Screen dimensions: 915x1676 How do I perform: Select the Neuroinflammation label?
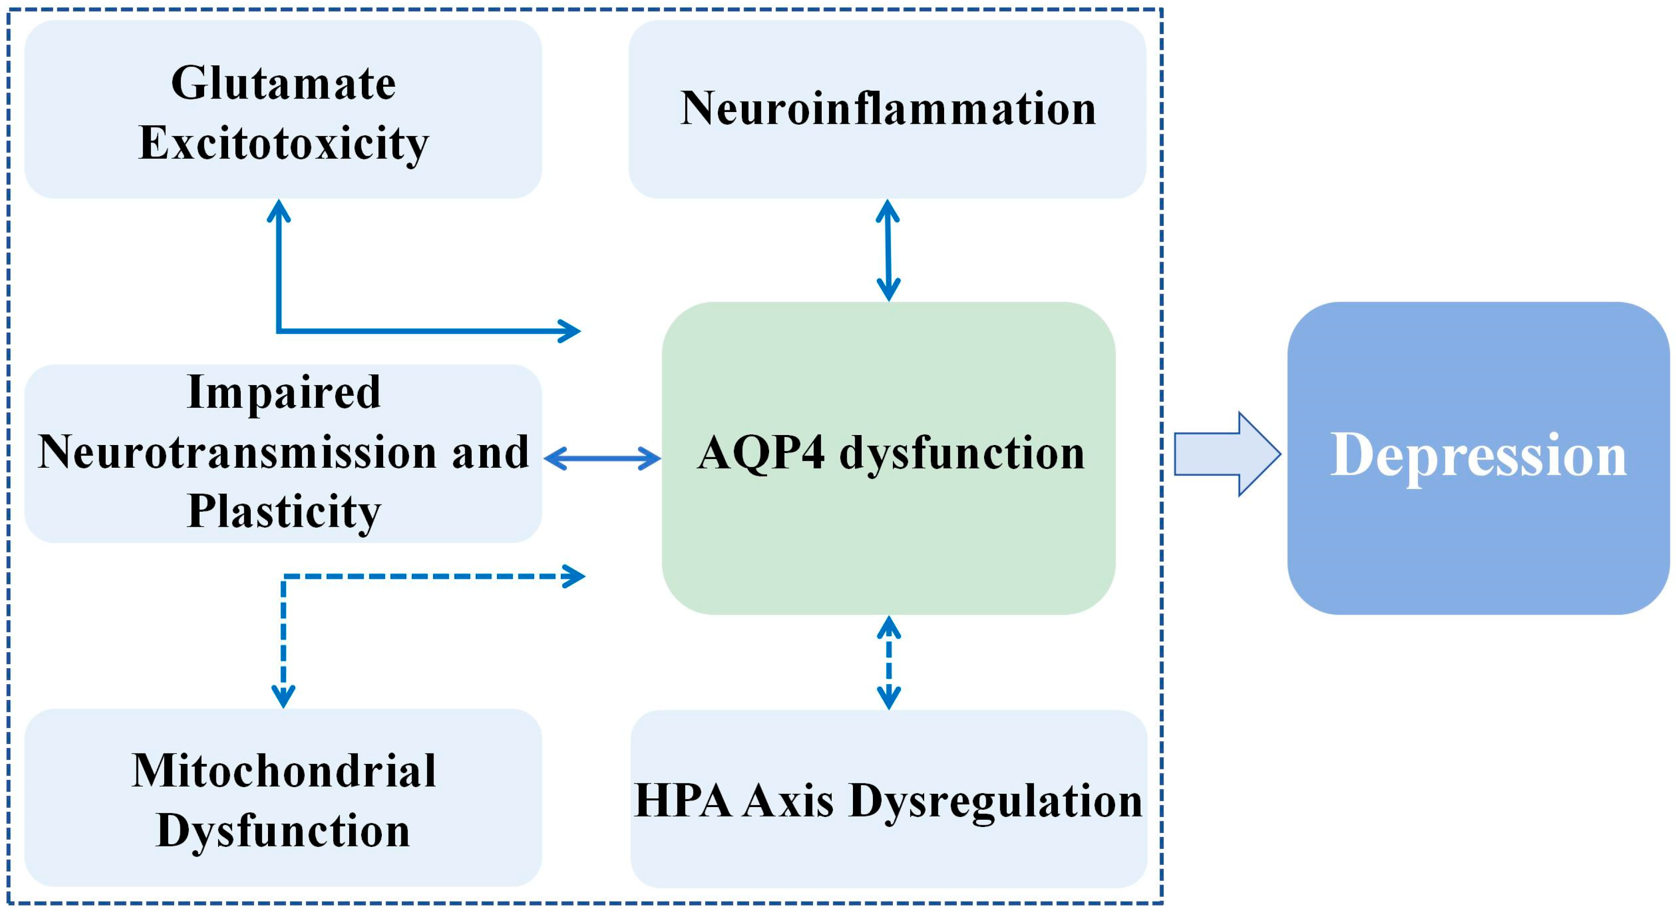(x=888, y=109)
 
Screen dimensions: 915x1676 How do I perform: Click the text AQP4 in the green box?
(x=761, y=453)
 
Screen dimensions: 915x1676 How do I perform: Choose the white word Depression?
(x=1478, y=455)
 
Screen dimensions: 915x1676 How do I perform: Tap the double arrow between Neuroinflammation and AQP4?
(x=888, y=250)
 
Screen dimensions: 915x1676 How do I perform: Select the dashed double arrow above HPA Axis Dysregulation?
(x=889, y=662)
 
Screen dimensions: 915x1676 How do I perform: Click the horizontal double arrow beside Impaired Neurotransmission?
(x=602, y=458)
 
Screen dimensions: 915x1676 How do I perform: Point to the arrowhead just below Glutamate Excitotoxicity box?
(x=278, y=211)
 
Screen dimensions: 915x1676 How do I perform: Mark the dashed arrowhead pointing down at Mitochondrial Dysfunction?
(x=283, y=696)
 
